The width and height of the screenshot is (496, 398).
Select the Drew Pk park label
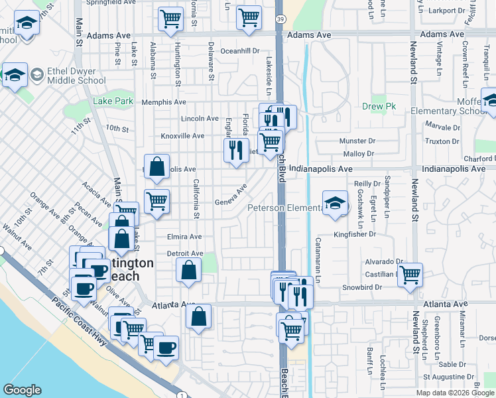[379, 106]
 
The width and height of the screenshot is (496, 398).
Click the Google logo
[22, 390]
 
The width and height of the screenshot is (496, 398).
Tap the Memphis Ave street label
[164, 102]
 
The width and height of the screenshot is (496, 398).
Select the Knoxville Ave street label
[182, 135]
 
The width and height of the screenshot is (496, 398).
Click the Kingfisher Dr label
[355, 233]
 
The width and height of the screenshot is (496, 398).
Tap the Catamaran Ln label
[318, 261]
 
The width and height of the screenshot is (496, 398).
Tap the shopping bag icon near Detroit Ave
[188, 269]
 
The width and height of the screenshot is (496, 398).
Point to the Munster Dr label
[357, 141]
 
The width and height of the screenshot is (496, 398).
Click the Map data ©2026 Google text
[456, 393]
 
